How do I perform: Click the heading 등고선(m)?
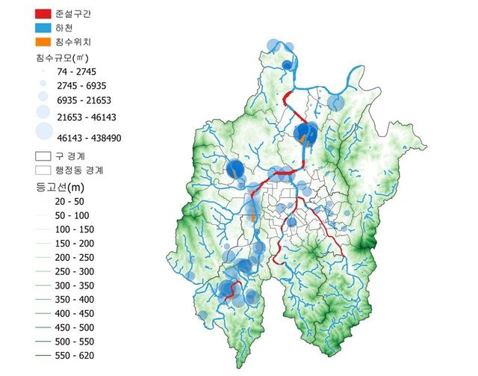click(x=63, y=187)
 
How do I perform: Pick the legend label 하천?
click(x=73, y=28)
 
